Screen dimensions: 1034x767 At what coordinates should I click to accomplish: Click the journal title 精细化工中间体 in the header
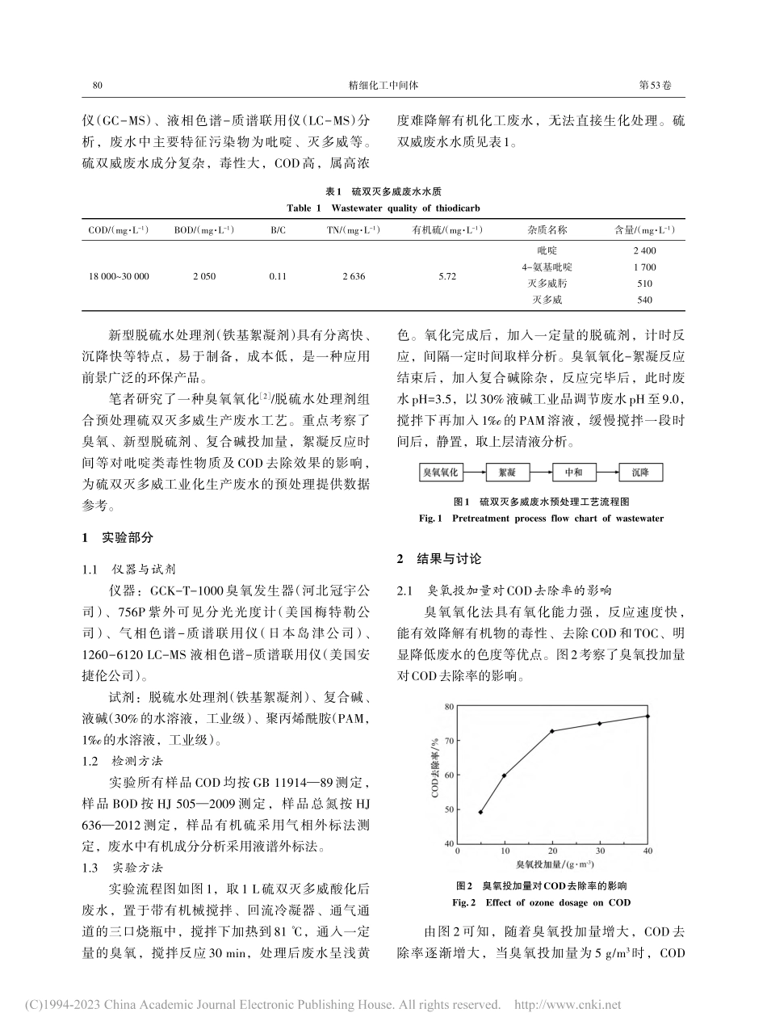[x=382, y=84]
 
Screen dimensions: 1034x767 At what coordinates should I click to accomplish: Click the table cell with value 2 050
[x=203, y=276]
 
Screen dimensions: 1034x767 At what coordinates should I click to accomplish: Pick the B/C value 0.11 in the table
[x=278, y=276]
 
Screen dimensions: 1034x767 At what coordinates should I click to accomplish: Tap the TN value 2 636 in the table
[x=353, y=276]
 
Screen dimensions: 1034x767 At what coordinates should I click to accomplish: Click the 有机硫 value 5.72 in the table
[x=447, y=276]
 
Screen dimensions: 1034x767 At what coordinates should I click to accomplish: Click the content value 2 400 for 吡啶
[x=644, y=251]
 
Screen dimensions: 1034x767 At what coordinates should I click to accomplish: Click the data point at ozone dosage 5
[x=481, y=812]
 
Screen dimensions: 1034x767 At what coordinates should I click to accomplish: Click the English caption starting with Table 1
[x=383, y=208]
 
